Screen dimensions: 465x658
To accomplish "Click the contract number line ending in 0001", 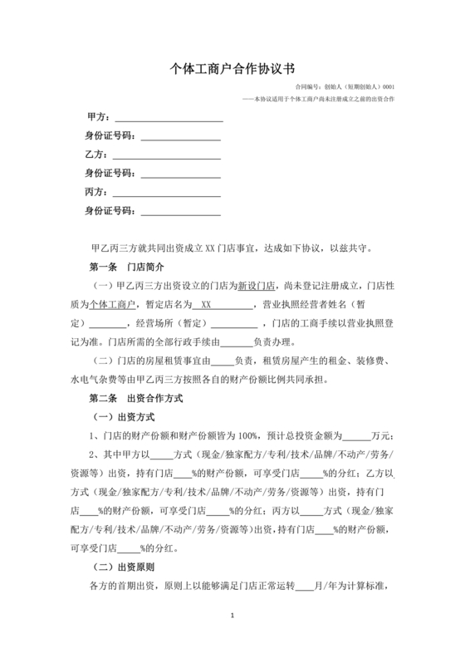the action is click(x=345, y=86).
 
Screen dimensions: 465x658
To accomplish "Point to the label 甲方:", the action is click(x=98, y=116).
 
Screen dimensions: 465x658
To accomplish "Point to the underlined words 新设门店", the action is click(x=254, y=286).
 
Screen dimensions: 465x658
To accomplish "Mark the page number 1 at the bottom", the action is click(x=233, y=616).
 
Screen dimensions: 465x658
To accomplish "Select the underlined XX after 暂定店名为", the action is click(x=208, y=304).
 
